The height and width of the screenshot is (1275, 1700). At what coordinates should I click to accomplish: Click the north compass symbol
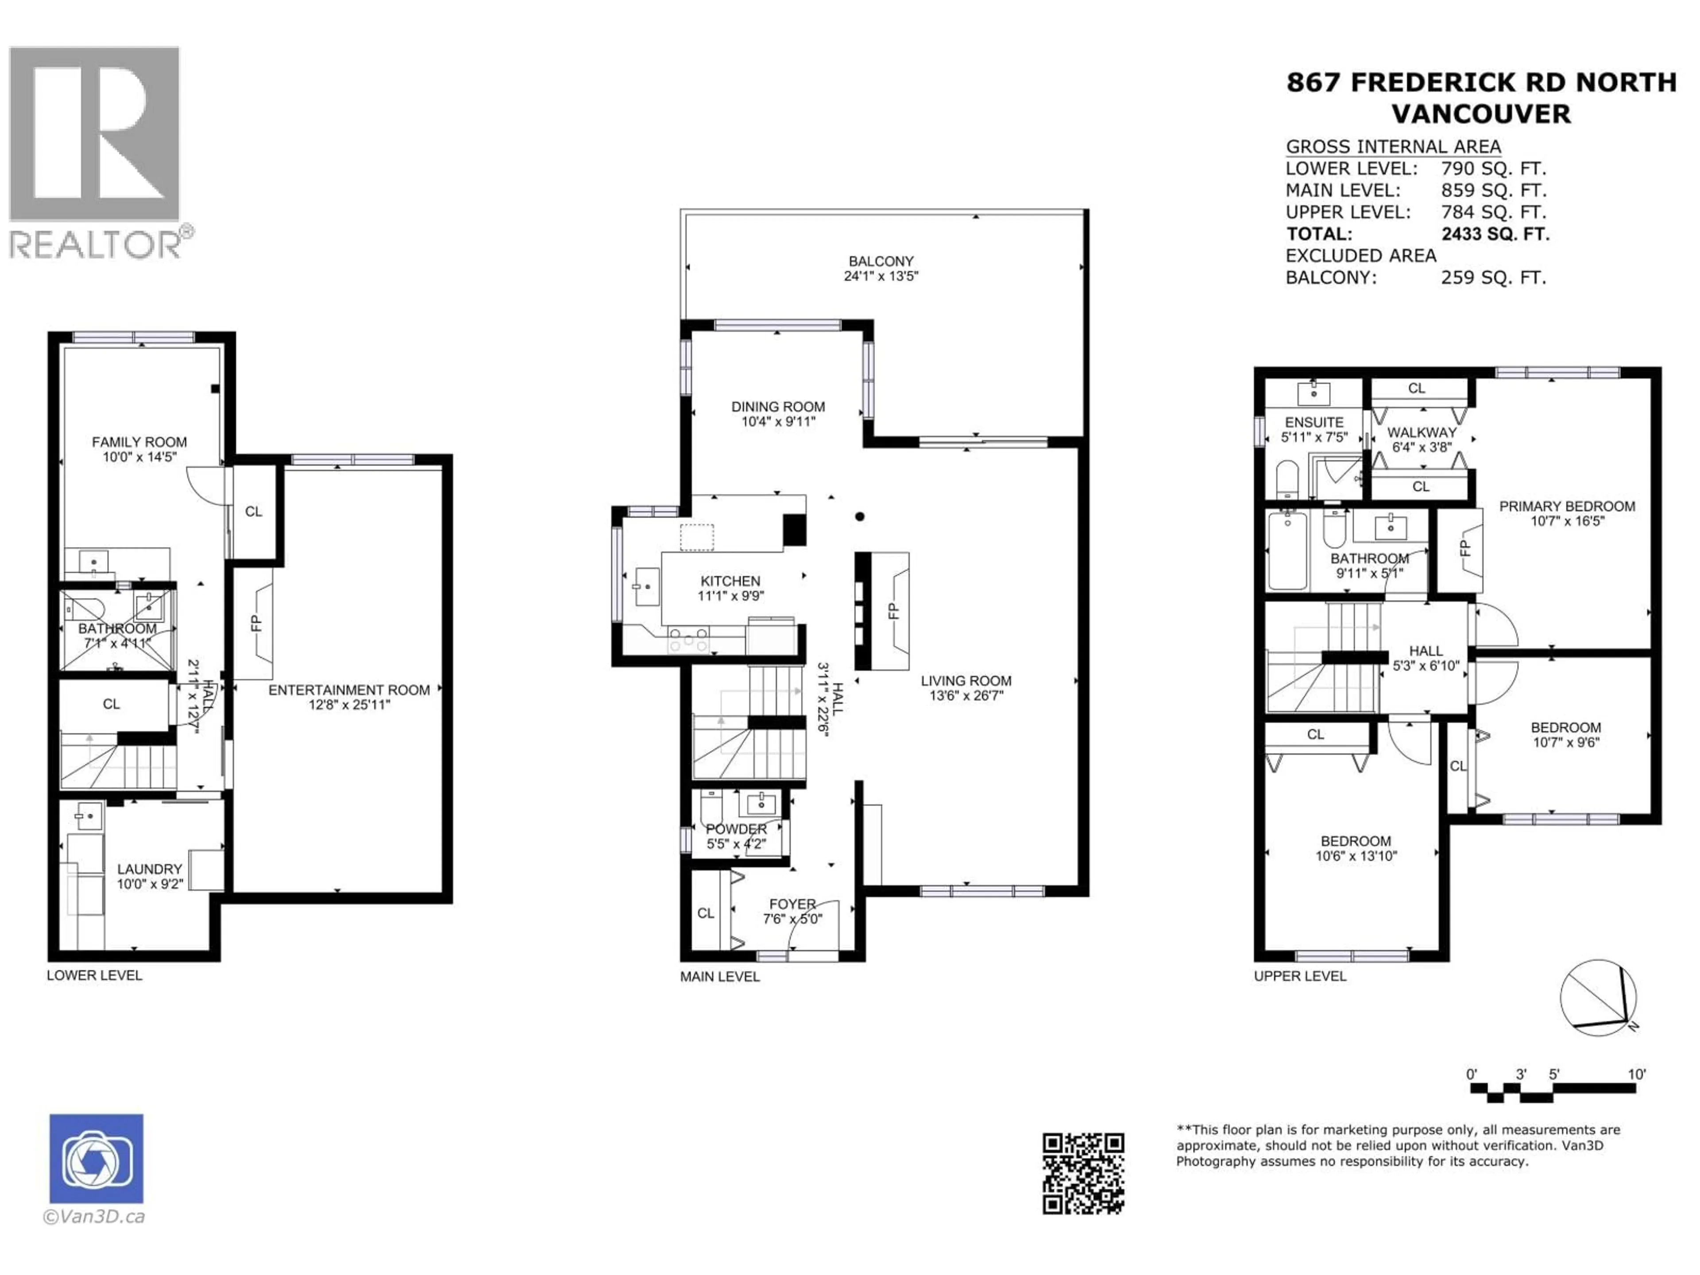[x=1598, y=997]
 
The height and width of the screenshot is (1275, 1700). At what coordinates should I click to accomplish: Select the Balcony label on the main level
[x=881, y=261]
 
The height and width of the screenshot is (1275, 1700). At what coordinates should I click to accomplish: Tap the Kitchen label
[x=730, y=581]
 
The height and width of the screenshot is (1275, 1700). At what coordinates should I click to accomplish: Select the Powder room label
[x=736, y=829]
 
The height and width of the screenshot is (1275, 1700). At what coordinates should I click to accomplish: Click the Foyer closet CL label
[x=706, y=913]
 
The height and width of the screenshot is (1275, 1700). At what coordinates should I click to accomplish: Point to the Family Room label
[x=139, y=442]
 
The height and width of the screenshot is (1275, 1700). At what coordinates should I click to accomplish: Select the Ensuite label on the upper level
[x=1314, y=422]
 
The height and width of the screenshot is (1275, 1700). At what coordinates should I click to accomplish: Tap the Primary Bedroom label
[x=1566, y=506]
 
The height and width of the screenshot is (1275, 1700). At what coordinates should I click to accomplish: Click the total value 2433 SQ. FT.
[x=1495, y=234]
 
